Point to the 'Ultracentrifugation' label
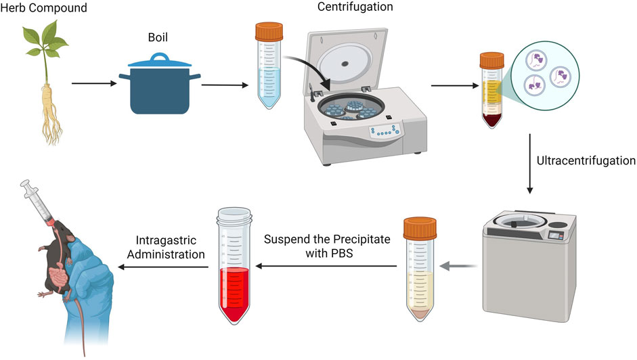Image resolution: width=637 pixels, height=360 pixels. [x=586, y=161]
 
